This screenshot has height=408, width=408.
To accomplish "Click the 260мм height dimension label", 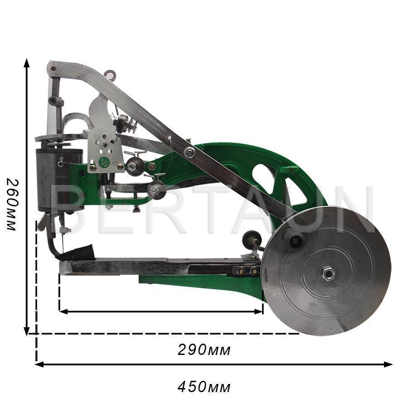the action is click(x=11, y=204).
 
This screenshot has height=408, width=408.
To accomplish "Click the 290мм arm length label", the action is click(x=204, y=350).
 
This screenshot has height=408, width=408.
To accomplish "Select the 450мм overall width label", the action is click(x=204, y=387).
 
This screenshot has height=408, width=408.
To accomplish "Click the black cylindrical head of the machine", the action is click(x=59, y=180).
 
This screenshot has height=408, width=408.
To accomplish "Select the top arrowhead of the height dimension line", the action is click(x=26, y=63).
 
